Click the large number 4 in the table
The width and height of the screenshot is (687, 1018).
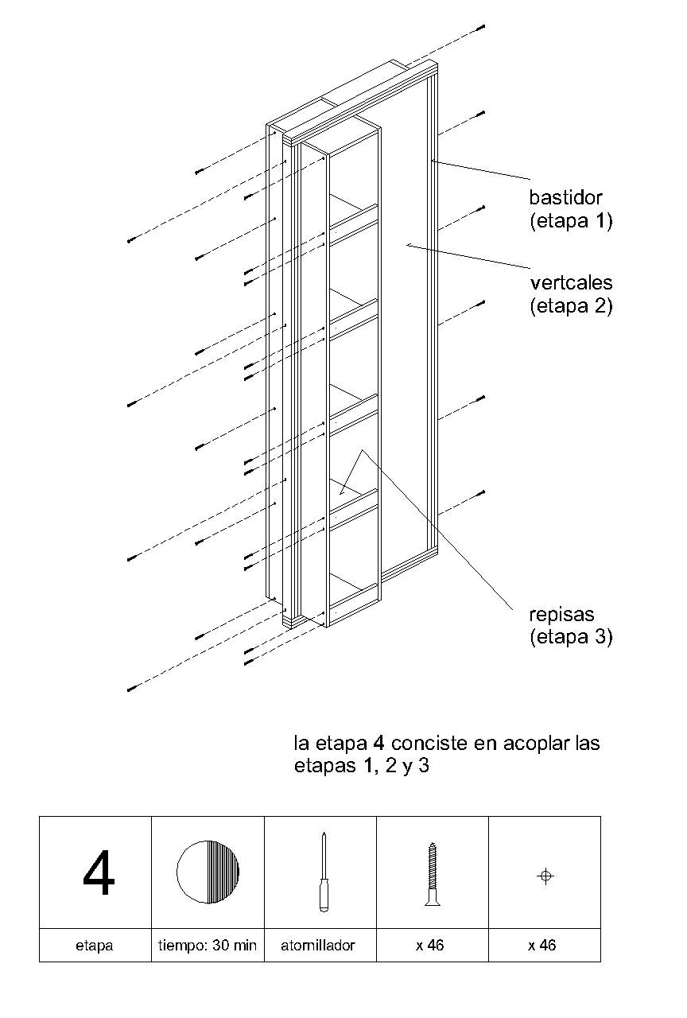click(x=99, y=873)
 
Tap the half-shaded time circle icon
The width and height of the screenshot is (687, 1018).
click(x=208, y=872)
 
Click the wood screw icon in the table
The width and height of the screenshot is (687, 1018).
click(x=432, y=873)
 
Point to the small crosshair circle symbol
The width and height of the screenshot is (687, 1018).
click(x=545, y=876)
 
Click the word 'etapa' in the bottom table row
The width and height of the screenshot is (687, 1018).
click(x=95, y=946)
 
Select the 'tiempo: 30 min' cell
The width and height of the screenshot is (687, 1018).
click(x=208, y=946)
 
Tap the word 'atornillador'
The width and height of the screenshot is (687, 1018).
click(x=319, y=946)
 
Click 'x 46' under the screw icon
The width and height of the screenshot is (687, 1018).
click(x=430, y=946)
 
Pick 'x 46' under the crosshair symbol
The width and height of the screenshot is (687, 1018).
click(x=543, y=946)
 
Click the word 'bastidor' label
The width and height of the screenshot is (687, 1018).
click(x=566, y=197)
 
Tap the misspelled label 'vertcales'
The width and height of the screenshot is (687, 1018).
click(x=571, y=282)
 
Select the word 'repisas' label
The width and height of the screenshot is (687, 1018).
click(x=562, y=614)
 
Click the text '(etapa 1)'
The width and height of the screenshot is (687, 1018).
click(x=571, y=222)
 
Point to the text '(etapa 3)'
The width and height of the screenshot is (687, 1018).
click(x=571, y=637)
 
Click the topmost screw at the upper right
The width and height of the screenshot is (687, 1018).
click(x=481, y=28)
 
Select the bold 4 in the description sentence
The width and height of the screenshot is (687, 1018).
click(x=378, y=744)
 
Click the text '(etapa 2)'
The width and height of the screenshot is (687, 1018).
click(x=571, y=306)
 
